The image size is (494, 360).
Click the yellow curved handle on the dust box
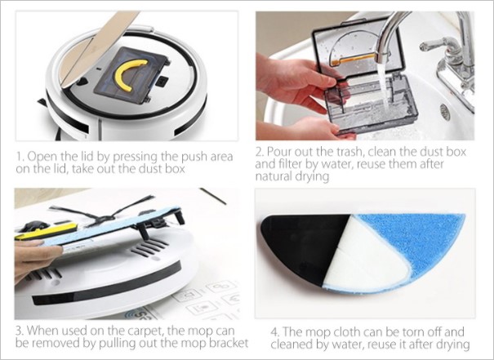point(121,74)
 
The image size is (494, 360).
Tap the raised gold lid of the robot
point(98,51)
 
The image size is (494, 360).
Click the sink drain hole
point(444,113)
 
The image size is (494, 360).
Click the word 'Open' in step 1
point(42,157)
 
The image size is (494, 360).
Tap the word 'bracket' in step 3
point(229,343)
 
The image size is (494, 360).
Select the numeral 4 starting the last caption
point(274,332)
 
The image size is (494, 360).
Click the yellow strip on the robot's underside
point(47,230)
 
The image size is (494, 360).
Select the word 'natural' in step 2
point(274,176)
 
